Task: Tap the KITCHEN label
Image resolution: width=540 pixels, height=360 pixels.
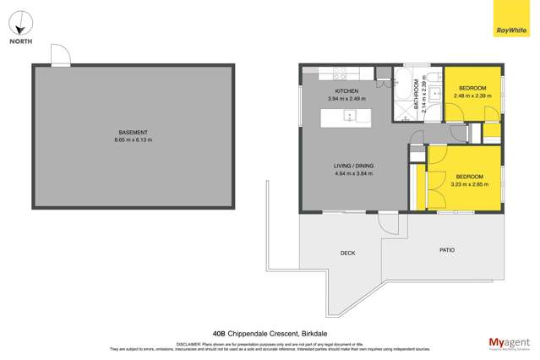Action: tap(347, 91)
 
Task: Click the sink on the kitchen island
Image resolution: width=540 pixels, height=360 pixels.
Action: tap(350, 117)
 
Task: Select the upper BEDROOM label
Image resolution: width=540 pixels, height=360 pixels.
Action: tap(472, 89)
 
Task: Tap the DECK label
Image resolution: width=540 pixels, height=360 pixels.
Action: tap(347, 253)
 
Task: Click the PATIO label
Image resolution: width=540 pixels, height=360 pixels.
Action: tap(448, 250)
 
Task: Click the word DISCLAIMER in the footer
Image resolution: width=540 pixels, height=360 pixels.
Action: tap(188, 344)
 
